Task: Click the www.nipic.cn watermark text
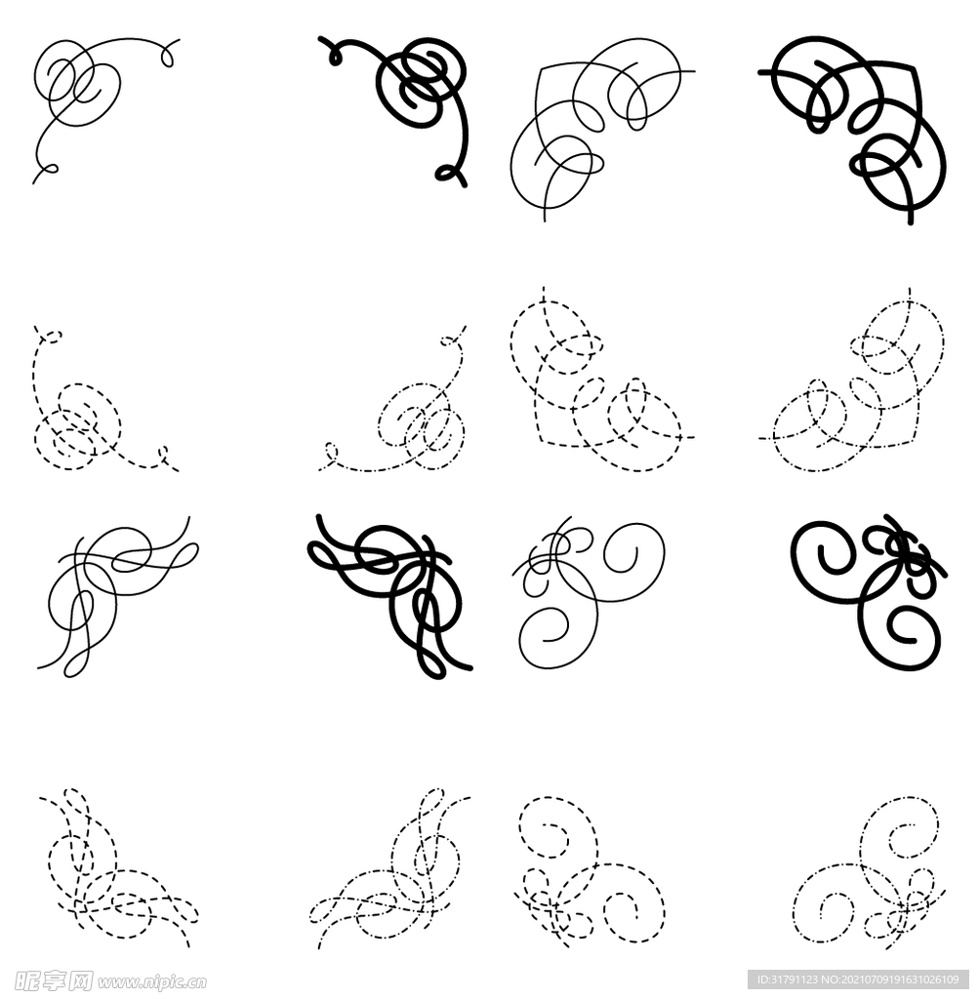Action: [151, 981]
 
